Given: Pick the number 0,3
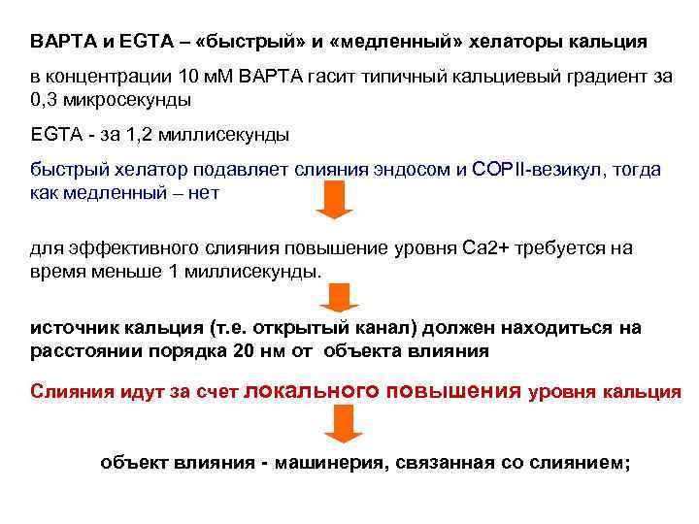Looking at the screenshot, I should coord(45,99).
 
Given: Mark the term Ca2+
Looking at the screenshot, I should coord(469,248).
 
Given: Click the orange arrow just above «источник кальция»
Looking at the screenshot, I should coord(340,296).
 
